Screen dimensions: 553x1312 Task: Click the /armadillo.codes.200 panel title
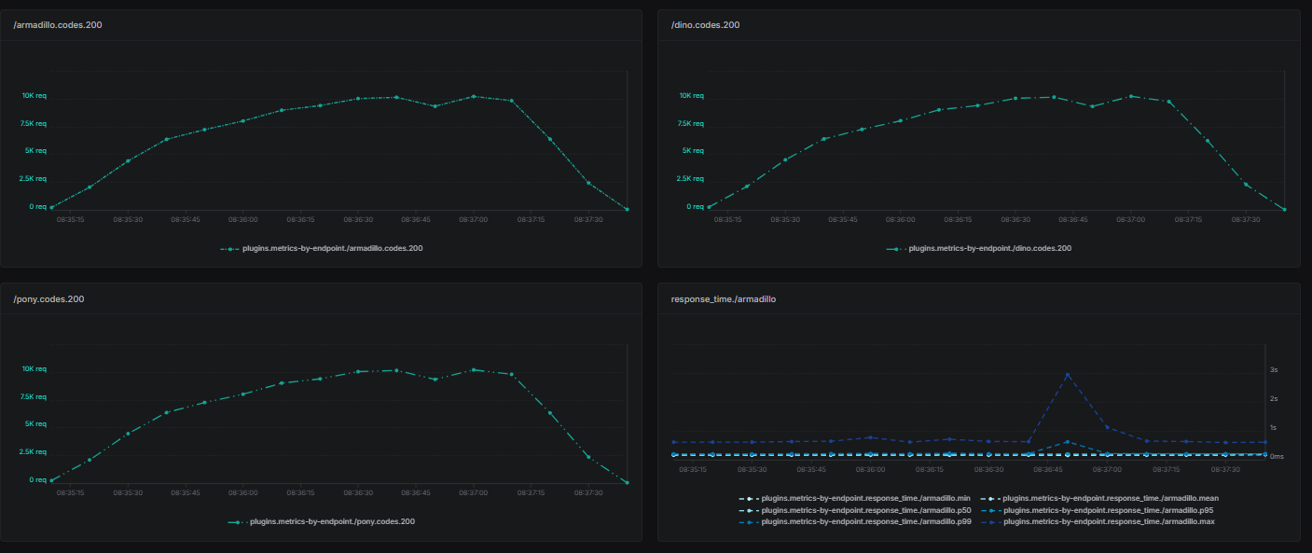click(58, 24)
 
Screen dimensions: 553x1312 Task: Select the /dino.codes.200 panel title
click(705, 24)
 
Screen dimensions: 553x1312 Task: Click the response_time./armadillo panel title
click(723, 298)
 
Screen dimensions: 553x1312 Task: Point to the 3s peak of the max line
click(1067, 375)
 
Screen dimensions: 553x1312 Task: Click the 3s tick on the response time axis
click(1274, 370)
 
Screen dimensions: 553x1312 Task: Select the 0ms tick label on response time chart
click(1277, 456)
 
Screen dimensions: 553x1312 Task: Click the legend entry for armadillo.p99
click(866, 521)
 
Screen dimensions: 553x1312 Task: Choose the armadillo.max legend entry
click(1108, 521)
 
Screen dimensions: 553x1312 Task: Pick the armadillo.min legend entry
click(866, 498)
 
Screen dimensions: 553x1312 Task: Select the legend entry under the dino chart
click(989, 249)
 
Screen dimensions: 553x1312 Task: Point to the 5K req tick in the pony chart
click(35, 424)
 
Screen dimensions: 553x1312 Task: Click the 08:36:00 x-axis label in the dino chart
click(901, 220)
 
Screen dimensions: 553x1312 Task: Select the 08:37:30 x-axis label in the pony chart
click(588, 492)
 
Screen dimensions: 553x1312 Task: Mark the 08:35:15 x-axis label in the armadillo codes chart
click(71, 220)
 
